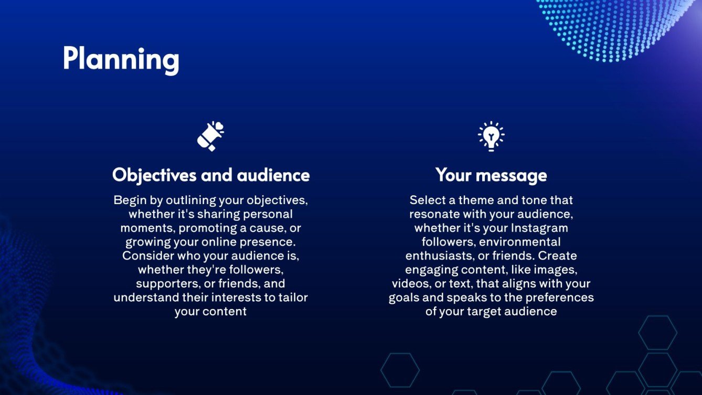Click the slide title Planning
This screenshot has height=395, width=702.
tap(121, 58)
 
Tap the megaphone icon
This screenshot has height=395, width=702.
tap(210, 136)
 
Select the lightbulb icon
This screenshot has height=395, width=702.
tap(491, 136)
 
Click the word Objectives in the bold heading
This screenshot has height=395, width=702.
tap(154, 175)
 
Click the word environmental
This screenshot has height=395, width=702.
tap(520, 242)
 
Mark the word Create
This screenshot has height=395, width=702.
tap(557, 256)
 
